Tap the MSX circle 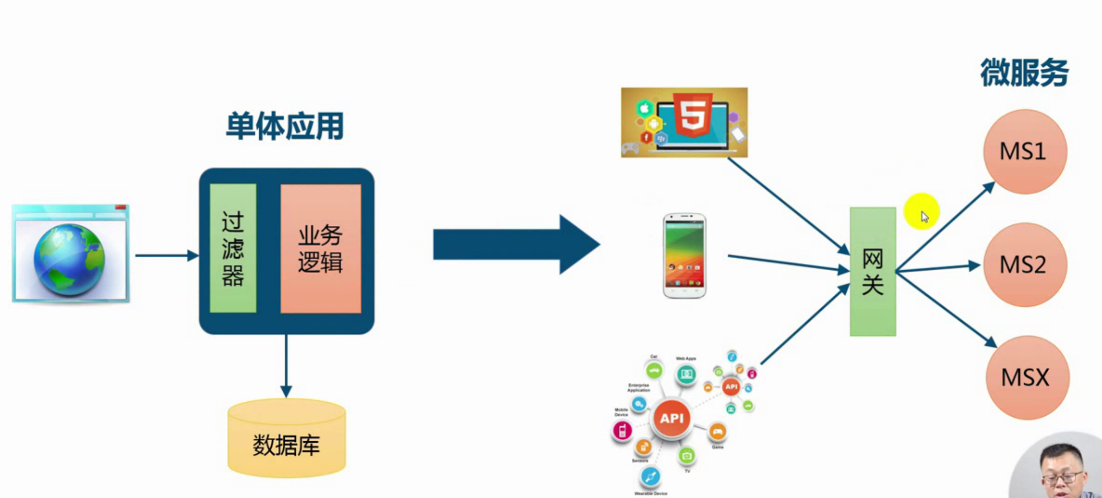1027,378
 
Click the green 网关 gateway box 872,272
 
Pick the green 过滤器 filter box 233,248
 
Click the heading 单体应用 285,126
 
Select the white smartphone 684,256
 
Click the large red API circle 672,418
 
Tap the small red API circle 731,387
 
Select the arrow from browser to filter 166,256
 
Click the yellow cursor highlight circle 921,211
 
